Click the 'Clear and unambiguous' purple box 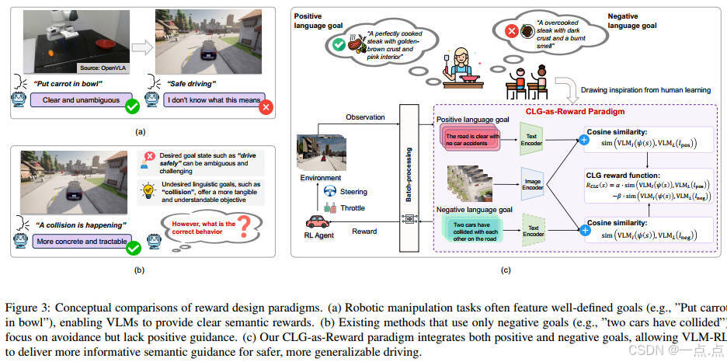tap(78, 99)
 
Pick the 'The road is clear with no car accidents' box tap(475, 139)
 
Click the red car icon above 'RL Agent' tap(319, 224)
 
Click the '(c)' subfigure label tap(506, 270)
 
